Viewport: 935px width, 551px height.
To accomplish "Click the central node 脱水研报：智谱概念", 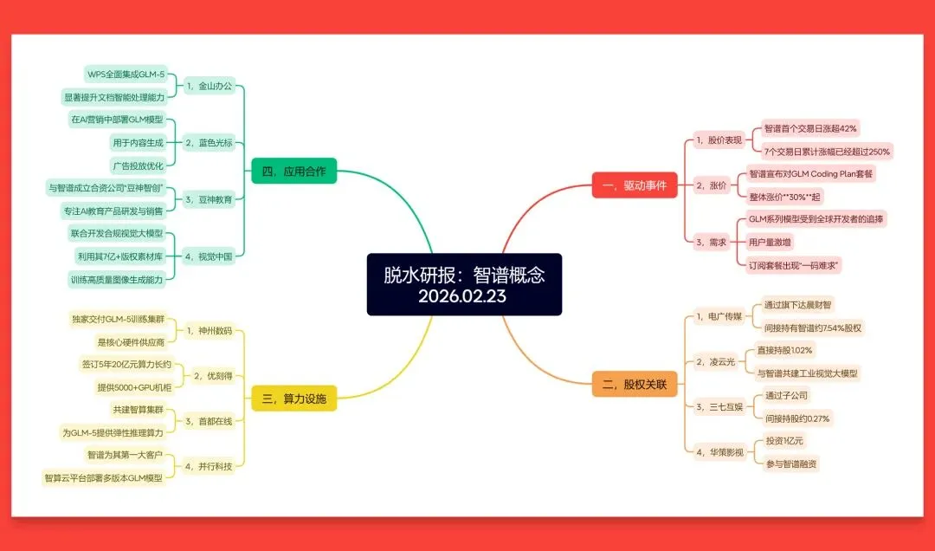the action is (464, 284).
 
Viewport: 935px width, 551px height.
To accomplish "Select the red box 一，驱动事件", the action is (634, 185).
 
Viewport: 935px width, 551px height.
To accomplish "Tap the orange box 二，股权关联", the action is (634, 384).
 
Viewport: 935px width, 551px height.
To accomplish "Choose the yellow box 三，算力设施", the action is (293, 399).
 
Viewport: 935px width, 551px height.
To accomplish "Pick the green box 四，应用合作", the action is (293, 171).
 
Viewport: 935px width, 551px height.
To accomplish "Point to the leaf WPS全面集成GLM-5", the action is (126, 75).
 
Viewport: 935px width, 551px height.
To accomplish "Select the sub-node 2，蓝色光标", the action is (209, 142).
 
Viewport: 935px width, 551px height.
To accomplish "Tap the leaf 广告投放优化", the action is (138, 165).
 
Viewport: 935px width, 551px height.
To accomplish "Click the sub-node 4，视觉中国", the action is (209, 256).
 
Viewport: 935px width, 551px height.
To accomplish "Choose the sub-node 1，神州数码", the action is (209, 330).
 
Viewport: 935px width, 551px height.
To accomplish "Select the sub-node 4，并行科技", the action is (209, 466).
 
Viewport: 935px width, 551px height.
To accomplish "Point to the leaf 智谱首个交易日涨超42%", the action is (810, 128).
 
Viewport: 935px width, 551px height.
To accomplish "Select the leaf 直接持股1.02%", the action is (785, 350).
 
